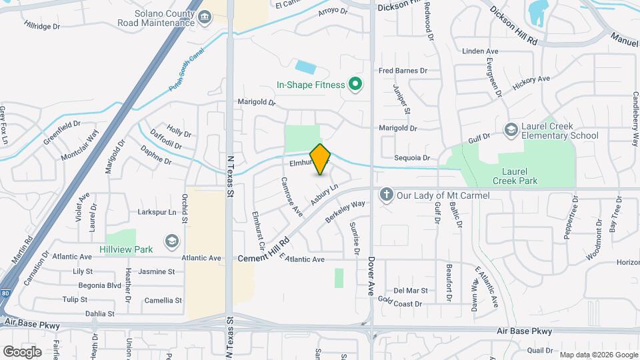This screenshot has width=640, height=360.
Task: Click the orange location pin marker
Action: pos(321,159)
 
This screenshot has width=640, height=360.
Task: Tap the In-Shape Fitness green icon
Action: pos(355,85)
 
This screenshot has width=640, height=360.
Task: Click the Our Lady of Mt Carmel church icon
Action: pos(385,195)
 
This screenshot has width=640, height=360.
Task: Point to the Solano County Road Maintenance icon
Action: pos(205,17)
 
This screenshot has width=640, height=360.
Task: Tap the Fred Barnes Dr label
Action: pos(402,71)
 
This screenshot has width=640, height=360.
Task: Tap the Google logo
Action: pos(23,351)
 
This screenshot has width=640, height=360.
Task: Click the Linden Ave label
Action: pos(480,51)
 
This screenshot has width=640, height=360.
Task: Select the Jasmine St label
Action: pos(157,272)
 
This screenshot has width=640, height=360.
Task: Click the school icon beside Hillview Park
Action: pos(172,241)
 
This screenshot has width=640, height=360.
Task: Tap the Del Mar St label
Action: pos(410,291)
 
